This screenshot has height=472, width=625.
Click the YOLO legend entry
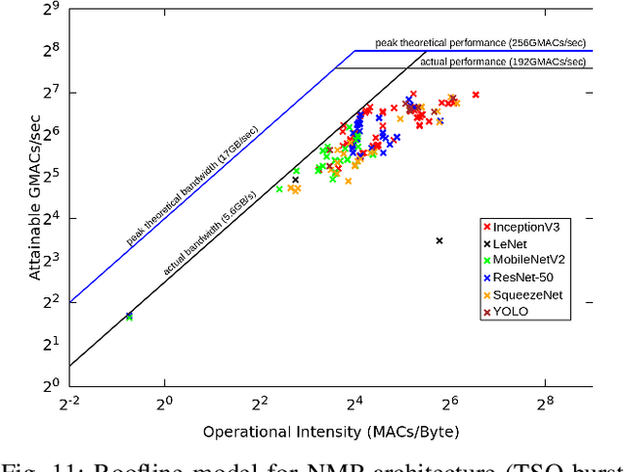pyautogui.click(x=515, y=312)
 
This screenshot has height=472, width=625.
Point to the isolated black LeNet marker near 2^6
pyautogui.click(x=439, y=240)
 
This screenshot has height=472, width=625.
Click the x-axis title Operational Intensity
pyautogui.click(x=330, y=431)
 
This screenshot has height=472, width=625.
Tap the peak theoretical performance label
pyautogui.click(x=483, y=43)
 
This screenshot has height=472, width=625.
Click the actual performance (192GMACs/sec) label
pyautogui.click(x=505, y=61)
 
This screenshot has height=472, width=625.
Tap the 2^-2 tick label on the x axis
pyautogui.click(x=68, y=401)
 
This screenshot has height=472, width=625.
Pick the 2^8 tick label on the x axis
pyautogui.click(x=544, y=401)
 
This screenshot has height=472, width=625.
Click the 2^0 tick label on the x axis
pyautogui.click(x=164, y=401)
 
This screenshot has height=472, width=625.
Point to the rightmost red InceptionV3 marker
pyautogui.click(x=476, y=95)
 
